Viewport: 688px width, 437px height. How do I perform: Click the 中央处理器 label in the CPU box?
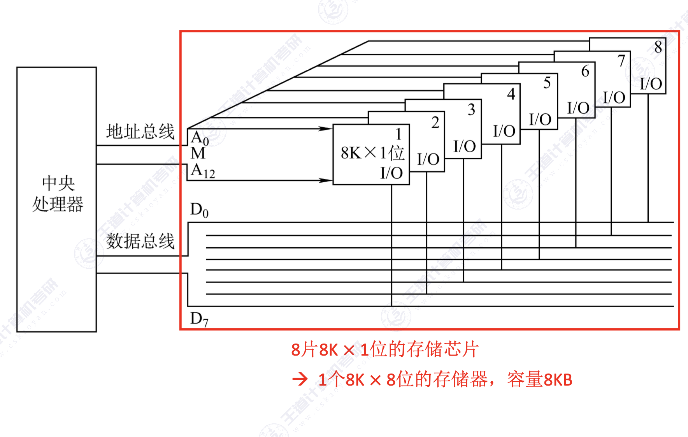pos(58,194)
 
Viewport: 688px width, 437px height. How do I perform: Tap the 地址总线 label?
pos(140,132)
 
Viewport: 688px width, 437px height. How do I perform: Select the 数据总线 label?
pos(140,241)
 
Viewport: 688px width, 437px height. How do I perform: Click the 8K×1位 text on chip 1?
pos(372,153)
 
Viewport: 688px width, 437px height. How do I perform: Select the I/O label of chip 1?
pos(391,173)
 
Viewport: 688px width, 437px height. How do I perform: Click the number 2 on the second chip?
pos(435,123)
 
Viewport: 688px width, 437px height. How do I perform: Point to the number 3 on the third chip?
pos(471,109)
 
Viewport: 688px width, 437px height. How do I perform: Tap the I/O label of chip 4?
pos(504,131)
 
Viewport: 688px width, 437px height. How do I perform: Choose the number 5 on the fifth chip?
pos(547,83)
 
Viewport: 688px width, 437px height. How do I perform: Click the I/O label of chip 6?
pos(578,108)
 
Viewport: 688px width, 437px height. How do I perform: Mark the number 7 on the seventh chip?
pos(621,60)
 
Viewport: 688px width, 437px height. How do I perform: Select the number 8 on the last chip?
pos(658,47)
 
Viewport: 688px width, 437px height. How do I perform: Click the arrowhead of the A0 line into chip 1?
pos(325,129)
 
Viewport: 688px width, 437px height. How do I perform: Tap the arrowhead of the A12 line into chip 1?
pos(325,180)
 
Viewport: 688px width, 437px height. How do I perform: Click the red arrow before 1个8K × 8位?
pos(300,379)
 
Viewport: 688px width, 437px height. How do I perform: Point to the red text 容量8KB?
pos(539,379)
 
